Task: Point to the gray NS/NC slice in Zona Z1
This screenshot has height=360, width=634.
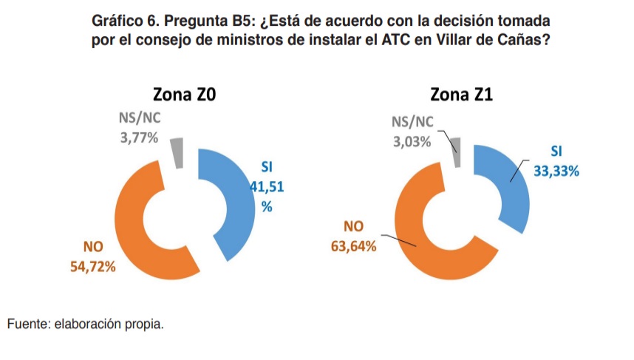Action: pos(456,152)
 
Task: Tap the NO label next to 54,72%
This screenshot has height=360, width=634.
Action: pos(92,248)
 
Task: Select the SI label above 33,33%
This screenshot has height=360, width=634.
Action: pos(556,152)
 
